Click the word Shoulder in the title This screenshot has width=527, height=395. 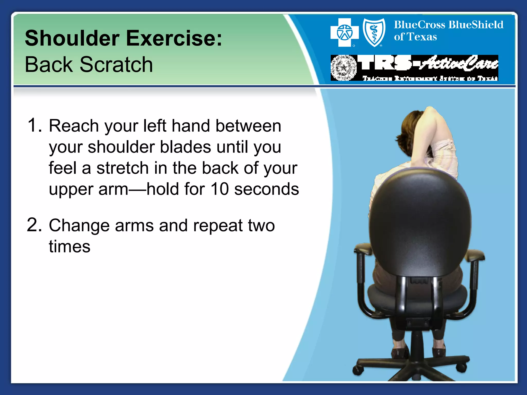pos(72,39)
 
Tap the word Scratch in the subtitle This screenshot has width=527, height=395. pos(116,65)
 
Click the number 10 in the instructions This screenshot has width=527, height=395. pos(219,189)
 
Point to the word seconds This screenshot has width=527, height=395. pos(267,189)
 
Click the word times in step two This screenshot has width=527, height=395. pos(69,247)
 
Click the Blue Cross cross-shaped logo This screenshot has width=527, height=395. pos(344,33)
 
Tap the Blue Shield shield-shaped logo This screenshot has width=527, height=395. pos(374,33)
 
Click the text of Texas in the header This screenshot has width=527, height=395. pos(415,37)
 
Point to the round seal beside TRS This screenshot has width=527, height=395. pos(344,68)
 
